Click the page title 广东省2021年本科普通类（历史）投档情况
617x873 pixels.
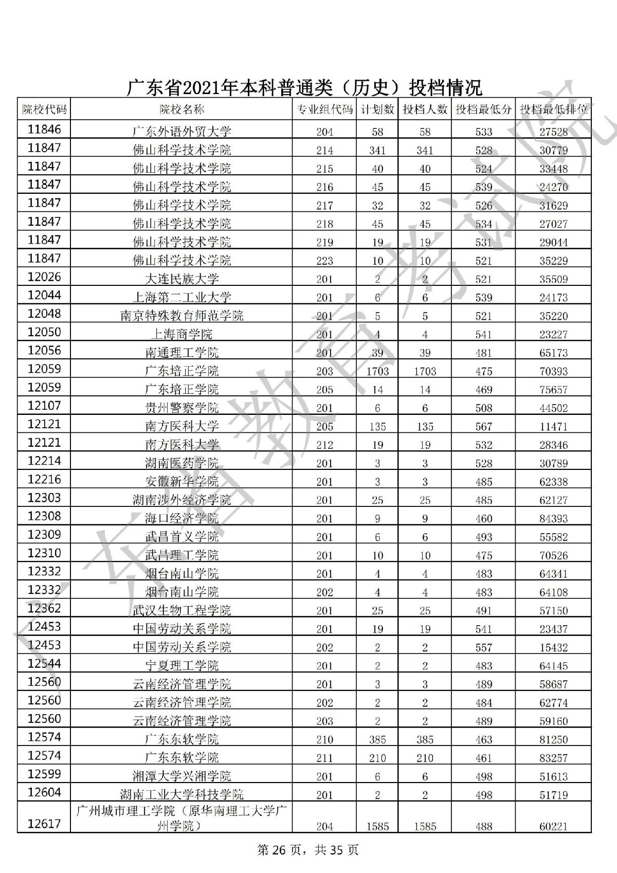coord(304,88)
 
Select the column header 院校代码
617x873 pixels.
coord(44,109)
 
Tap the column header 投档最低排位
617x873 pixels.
coord(553,109)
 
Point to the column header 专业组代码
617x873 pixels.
coord(324,109)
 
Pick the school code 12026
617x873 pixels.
coord(44,277)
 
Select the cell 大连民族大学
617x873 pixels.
coord(182,279)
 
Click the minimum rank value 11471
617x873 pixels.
coord(553,426)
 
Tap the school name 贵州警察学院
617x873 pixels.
coord(182,408)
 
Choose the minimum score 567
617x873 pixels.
coord(483,426)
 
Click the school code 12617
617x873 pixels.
coord(44,824)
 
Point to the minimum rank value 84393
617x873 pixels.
coord(553,518)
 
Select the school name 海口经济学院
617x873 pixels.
coord(182,518)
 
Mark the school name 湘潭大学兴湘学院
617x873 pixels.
coord(182,776)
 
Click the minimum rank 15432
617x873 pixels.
coord(553,647)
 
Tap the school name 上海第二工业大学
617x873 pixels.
coord(182,297)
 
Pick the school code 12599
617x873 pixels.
coord(44,774)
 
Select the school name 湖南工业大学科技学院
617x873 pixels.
coord(182,794)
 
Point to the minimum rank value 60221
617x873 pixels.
coord(553,826)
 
